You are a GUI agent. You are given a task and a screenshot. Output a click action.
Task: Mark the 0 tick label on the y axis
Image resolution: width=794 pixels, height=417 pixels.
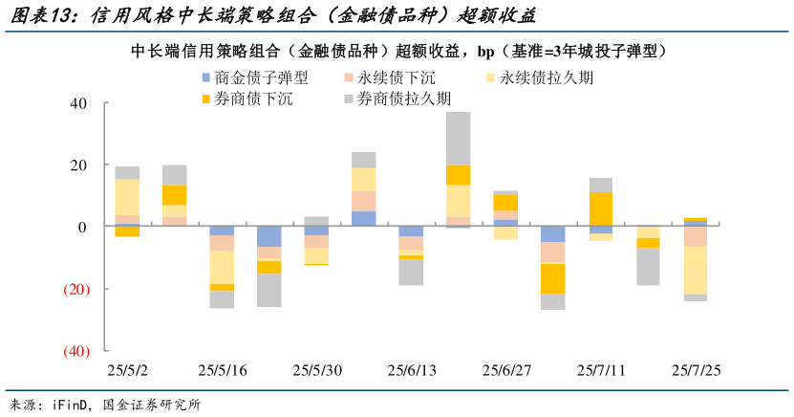pyautogui.click(x=82, y=227)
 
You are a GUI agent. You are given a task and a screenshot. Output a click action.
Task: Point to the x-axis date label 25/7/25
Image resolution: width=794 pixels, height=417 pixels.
pyautogui.click(x=696, y=370)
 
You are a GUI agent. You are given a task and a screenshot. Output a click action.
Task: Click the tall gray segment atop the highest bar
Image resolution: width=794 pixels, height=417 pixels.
pyautogui.click(x=459, y=138)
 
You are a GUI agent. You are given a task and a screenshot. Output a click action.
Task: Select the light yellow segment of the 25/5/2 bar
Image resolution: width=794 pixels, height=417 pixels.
pyautogui.click(x=127, y=197)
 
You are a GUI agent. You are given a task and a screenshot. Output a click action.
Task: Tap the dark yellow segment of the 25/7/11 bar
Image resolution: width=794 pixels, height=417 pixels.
pyautogui.click(x=601, y=208)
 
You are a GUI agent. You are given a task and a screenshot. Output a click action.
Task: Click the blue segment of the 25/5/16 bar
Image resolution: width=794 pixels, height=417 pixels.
pyautogui.click(x=222, y=230)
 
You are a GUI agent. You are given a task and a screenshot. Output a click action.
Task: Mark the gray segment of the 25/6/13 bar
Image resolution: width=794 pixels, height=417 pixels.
pyautogui.click(x=411, y=272)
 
